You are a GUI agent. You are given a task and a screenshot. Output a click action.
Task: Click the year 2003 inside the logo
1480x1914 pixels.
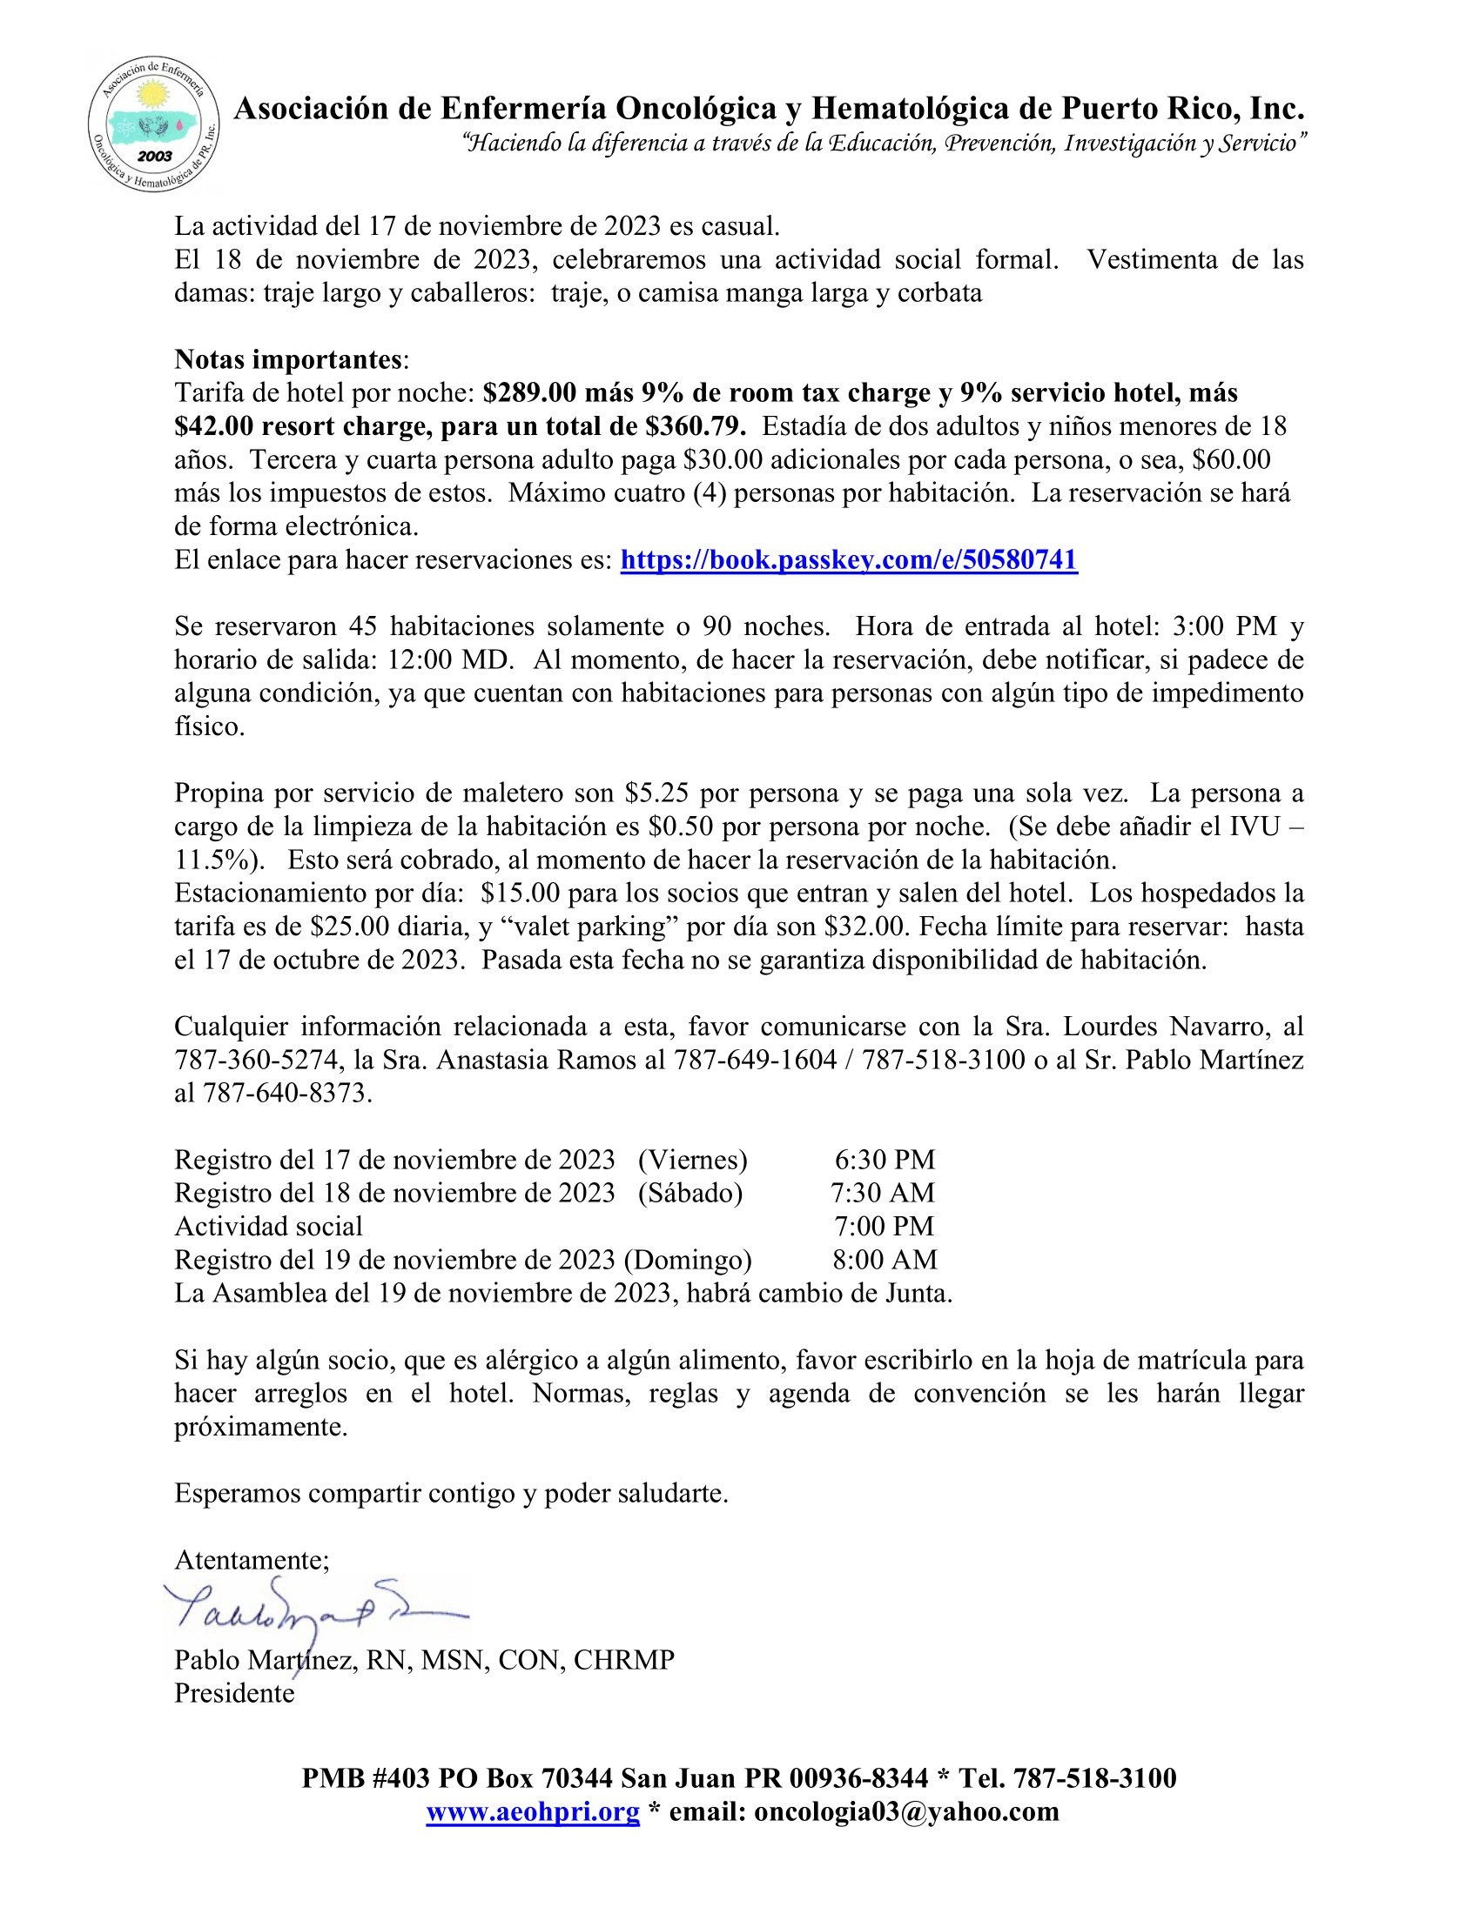(x=154, y=156)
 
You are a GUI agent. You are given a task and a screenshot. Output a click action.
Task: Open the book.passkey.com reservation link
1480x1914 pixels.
(x=848, y=560)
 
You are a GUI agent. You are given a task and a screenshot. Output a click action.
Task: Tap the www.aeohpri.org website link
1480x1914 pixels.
(x=532, y=1811)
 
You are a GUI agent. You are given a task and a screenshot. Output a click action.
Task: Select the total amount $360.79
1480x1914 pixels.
(x=696, y=427)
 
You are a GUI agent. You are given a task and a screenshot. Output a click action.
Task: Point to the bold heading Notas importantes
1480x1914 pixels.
(x=288, y=360)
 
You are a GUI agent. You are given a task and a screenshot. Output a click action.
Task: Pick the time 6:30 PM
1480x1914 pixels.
(x=885, y=1161)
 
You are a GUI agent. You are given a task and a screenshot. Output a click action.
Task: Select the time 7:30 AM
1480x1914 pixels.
(x=883, y=1194)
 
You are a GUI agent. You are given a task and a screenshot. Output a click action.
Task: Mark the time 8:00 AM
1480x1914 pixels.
(x=885, y=1261)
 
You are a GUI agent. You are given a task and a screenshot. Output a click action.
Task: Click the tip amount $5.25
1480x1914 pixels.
(x=656, y=794)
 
